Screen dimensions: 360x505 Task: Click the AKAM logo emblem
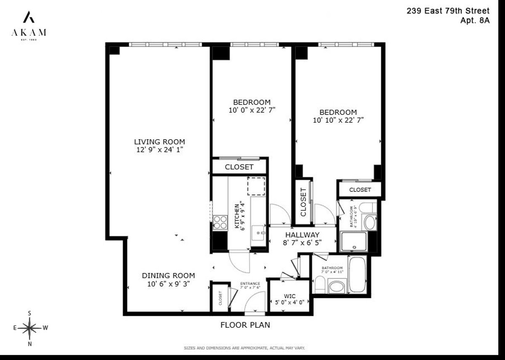(x=29, y=17)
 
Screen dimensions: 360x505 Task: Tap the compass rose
(x=29, y=327)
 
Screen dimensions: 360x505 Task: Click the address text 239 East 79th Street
(x=448, y=11)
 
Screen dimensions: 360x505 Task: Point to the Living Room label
(x=159, y=142)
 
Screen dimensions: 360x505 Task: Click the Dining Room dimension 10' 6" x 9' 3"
(x=168, y=284)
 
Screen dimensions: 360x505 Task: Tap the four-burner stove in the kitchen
(x=220, y=222)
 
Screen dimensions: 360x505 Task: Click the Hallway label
(x=302, y=235)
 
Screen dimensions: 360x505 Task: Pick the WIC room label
(x=290, y=296)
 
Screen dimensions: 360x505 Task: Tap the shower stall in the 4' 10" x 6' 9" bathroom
(x=353, y=242)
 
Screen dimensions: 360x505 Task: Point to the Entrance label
(x=250, y=283)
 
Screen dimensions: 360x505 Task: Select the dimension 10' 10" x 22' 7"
(x=338, y=120)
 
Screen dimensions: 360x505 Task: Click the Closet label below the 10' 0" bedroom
(x=239, y=167)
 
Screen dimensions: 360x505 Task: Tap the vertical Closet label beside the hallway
(x=303, y=202)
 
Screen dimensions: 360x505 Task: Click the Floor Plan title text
(x=245, y=325)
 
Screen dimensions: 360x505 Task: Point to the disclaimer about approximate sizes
(x=244, y=348)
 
